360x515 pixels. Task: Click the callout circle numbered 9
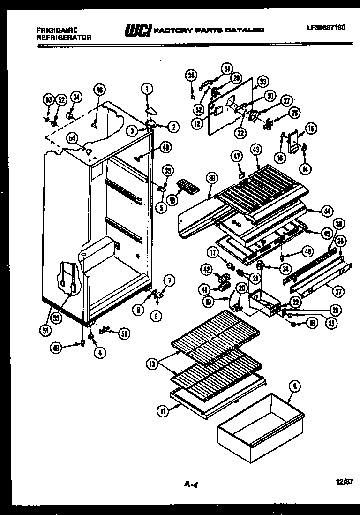pos(294,387)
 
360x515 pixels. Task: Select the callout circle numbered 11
pos(163,412)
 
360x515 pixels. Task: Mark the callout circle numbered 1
pos(147,88)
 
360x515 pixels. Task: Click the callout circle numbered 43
pos(256,149)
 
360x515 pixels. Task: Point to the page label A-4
pos(189,481)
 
